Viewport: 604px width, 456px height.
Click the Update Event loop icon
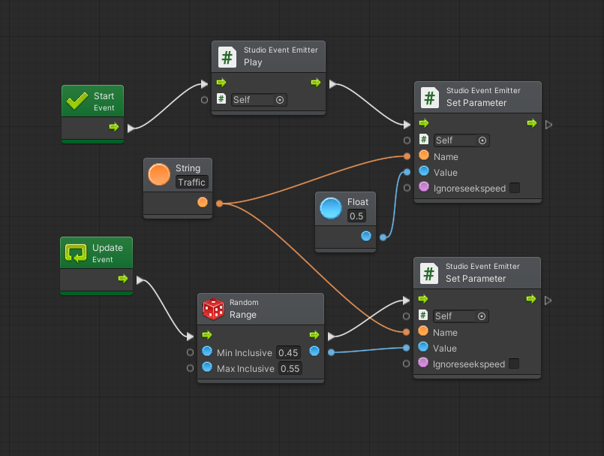pyautogui.click(x=75, y=253)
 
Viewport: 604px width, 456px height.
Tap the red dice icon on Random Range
pyautogui.click(x=213, y=309)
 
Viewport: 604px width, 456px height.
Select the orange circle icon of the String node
pyautogui.click(x=159, y=174)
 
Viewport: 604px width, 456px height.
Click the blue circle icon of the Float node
pyautogui.click(x=331, y=208)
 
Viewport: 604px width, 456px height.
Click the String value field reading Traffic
pyautogui.click(x=191, y=183)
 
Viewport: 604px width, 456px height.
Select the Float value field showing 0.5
pyautogui.click(x=356, y=216)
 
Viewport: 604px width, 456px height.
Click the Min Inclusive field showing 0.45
pyautogui.click(x=289, y=353)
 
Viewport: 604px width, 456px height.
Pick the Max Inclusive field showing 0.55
pyautogui.click(x=290, y=369)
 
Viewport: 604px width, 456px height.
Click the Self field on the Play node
pyautogui.click(x=258, y=99)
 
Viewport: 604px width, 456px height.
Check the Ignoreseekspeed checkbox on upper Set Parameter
pyautogui.click(x=515, y=188)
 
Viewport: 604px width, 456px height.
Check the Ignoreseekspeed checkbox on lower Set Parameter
pyautogui.click(x=514, y=364)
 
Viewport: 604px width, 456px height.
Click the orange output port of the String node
pyautogui.click(x=202, y=202)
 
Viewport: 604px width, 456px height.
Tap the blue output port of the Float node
pyautogui.click(x=366, y=236)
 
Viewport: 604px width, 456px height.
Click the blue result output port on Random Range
pyautogui.click(x=314, y=351)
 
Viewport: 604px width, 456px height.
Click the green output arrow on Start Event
pyautogui.click(x=113, y=127)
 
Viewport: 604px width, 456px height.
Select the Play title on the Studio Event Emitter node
pyautogui.click(x=253, y=62)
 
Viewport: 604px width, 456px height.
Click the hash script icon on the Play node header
pyautogui.click(x=227, y=56)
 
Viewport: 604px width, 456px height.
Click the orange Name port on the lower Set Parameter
pyautogui.click(x=423, y=331)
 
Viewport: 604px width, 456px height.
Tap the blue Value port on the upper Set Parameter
pyautogui.click(x=423, y=172)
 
